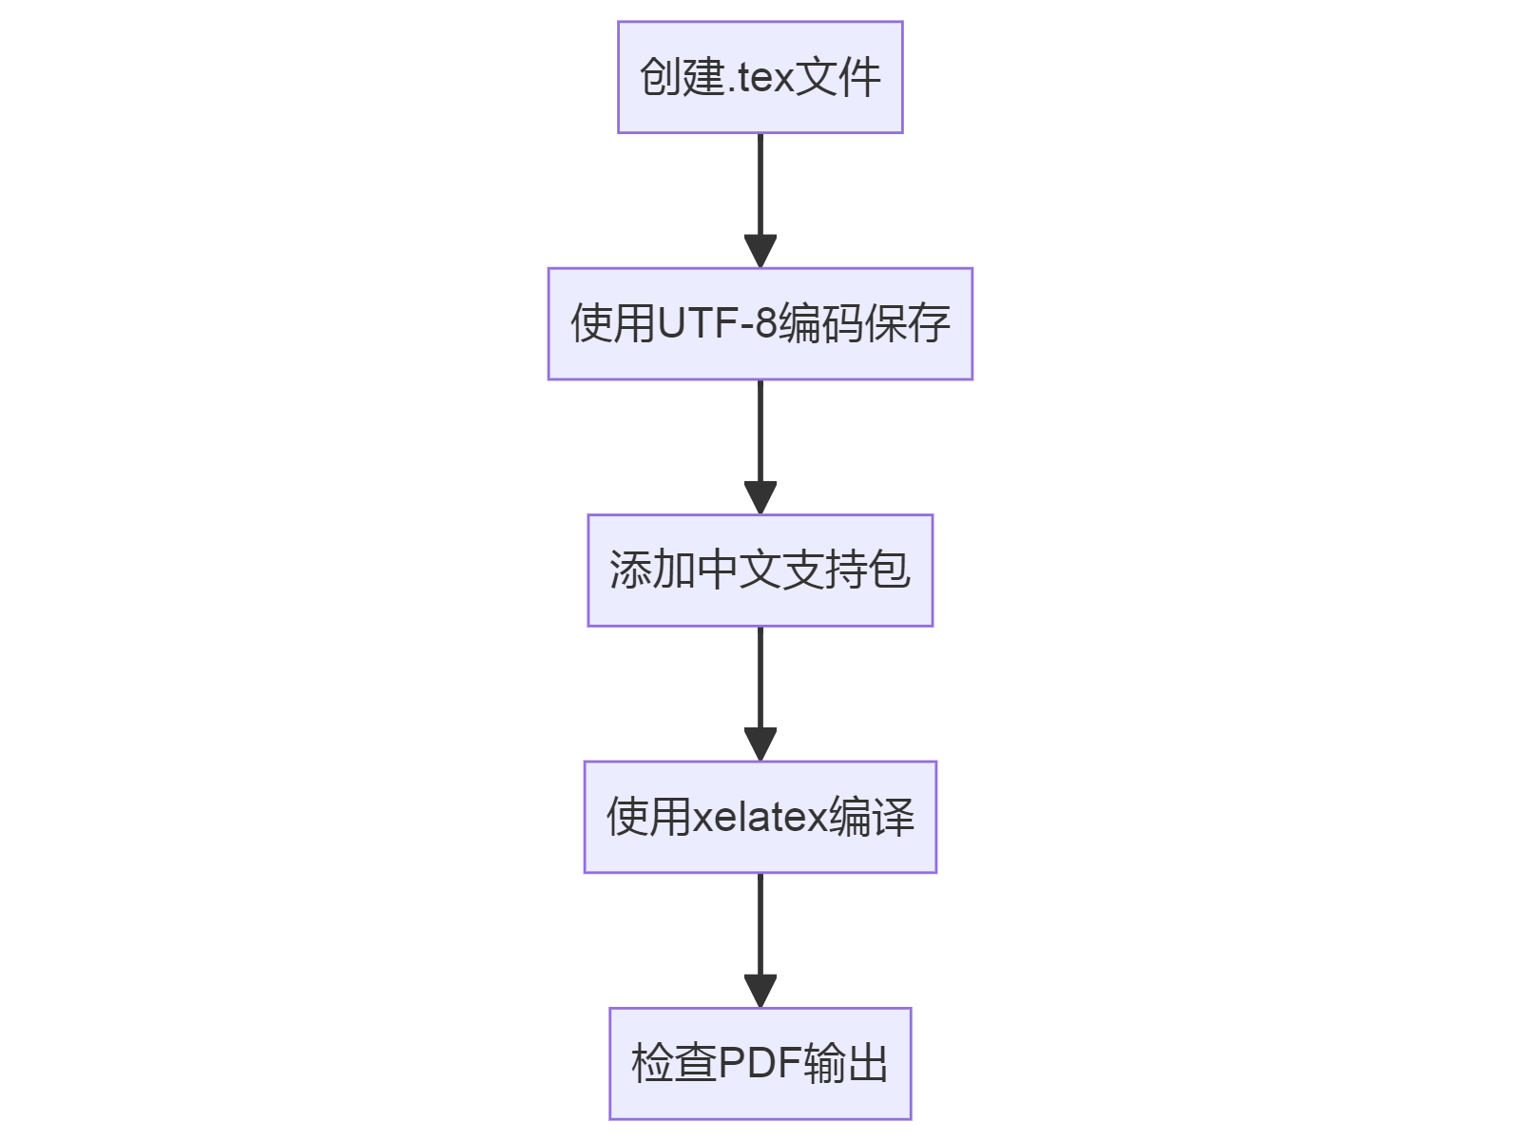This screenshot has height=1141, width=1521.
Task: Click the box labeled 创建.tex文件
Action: click(760, 77)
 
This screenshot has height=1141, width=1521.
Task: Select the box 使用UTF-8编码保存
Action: click(760, 324)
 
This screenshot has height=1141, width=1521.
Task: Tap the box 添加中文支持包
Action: click(760, 570)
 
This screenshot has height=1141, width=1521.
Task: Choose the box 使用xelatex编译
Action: click(760, 817)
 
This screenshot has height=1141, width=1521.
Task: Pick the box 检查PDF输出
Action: click(760, 1063)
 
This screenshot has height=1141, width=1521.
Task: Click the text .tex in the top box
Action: click(760, 78)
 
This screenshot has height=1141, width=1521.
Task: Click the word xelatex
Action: click(760, 818)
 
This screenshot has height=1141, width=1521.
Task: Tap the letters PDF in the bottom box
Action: click(760, 1063)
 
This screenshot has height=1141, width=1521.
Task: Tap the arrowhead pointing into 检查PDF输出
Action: click(760, 991)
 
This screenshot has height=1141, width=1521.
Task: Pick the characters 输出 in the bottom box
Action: click(845, 1063)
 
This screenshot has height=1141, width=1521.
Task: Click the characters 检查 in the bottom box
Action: click(674, 1063)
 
